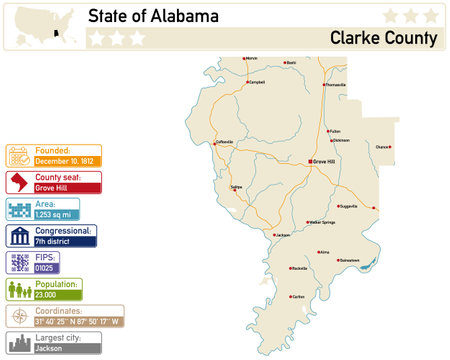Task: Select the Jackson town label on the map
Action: click(x=282, y=235)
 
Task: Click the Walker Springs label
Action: click(x=327, y=223)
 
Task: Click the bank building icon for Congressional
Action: click(x=19, y=236)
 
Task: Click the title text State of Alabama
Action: click(x=153, y=17)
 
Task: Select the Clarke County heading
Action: click(x=383, y=39)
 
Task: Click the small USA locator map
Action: click(x=41, y=22)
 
